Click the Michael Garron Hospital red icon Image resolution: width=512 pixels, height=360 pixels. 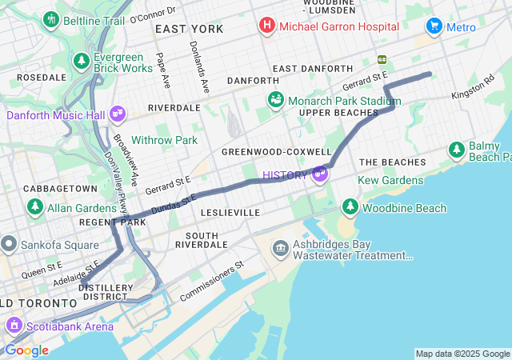[x=266, y=26]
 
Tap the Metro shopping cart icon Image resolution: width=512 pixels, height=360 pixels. [x=434, y=26]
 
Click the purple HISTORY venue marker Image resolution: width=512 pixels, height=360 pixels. [x=320, y=174]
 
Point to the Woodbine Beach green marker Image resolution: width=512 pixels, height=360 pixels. [x=350, y=207]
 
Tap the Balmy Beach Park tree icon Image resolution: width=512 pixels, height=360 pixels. [x=457, y=150]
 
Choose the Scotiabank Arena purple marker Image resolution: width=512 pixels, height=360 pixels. [x=14, y=326]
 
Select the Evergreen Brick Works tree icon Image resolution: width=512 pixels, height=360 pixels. [x=81, y=61]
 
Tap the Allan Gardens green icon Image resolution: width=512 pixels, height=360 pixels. [x=34, y=207]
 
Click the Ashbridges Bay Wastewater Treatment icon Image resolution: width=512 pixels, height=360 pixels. [x=280, y=248]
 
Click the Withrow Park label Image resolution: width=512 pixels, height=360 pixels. [x=164, y=140]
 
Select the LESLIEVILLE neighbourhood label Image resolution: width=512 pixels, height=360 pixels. [x=230, y=213]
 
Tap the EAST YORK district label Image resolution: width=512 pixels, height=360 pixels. [x=189, y=29]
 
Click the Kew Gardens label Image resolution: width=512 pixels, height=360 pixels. [x=390, y=181]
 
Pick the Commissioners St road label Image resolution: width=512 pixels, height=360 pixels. [x=212, y=281]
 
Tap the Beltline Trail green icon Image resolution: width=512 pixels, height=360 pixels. [x=52, y=19]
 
